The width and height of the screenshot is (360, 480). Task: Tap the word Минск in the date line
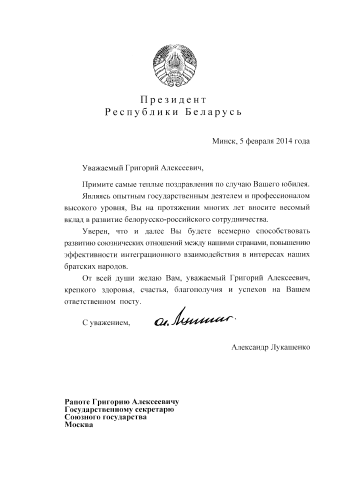(x=223, y=141)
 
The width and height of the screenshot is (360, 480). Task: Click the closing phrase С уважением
(x=105, y=323)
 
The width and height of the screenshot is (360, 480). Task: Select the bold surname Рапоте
(x=79, y=402)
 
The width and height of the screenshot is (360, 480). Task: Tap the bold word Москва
(x=78, y=425)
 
